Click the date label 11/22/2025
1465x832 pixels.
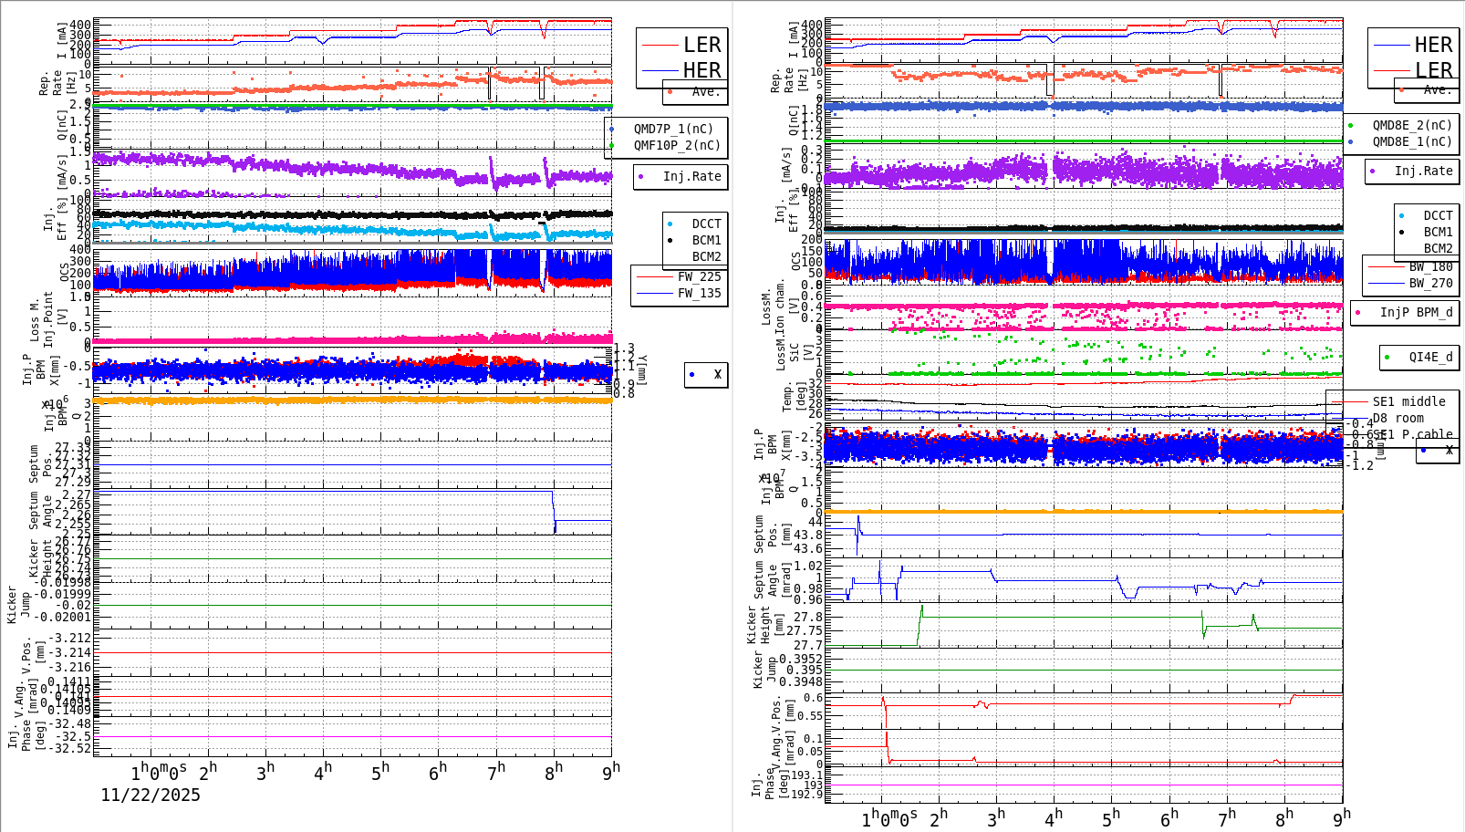click(x=151, y=795)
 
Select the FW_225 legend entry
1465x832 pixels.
click(x=699, y=276)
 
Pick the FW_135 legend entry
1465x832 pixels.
click(x=699, y=293)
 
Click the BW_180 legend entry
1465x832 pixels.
click(x=1430, y=266)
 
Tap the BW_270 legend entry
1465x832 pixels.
click(x=1430, y=283)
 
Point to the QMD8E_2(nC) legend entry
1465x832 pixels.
click(x=1412, y=125)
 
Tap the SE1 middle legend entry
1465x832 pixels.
click(x=1408, y=401)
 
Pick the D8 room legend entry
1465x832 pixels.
click(x=1397, y=418)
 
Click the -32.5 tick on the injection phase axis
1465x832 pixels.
click(x=73, y=736)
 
